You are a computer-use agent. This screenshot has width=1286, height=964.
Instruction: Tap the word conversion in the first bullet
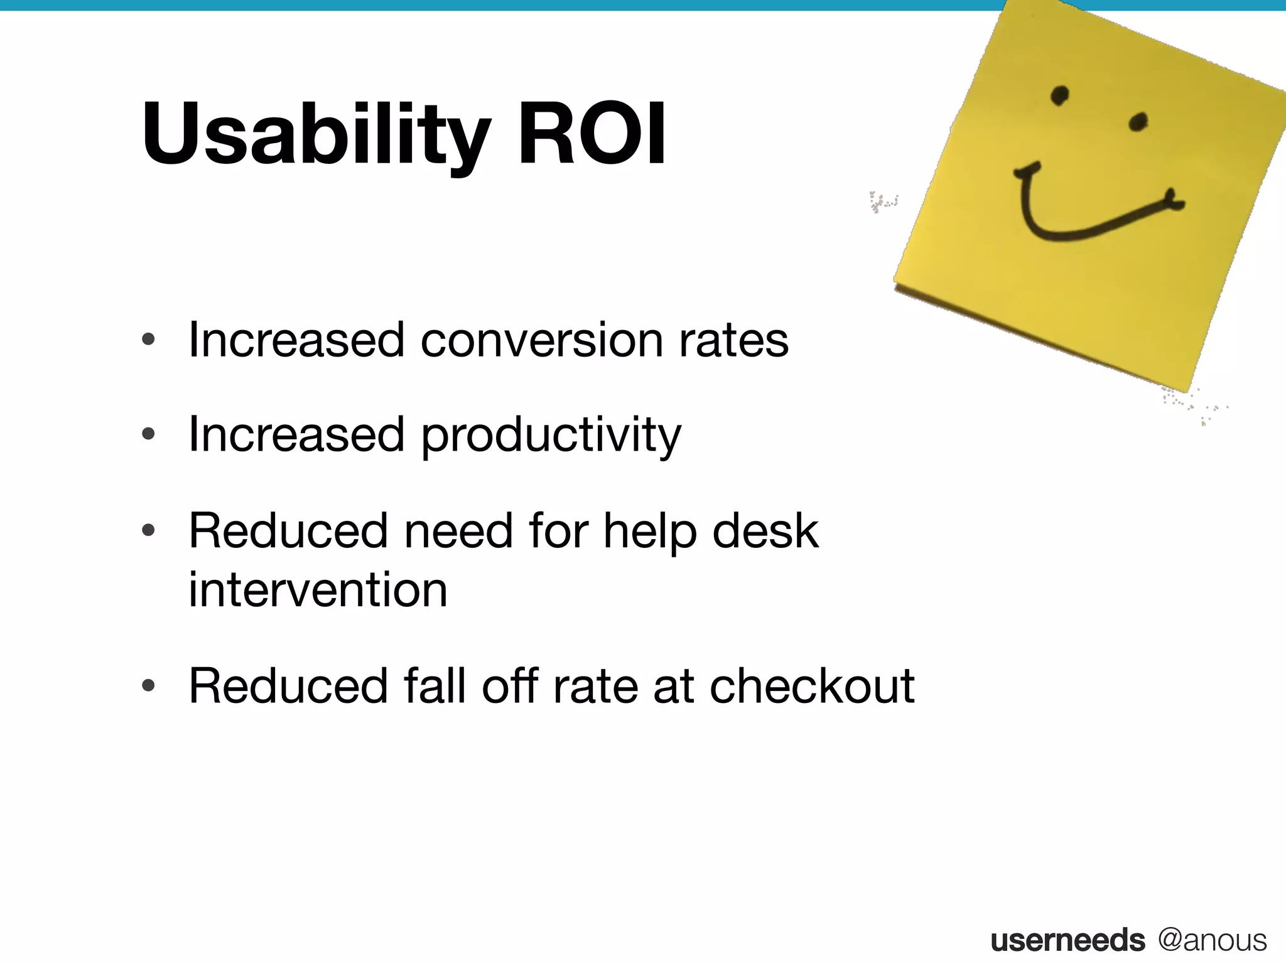541,340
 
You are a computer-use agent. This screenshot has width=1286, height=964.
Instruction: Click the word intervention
318,590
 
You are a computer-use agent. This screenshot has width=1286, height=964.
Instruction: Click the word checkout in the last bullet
812,686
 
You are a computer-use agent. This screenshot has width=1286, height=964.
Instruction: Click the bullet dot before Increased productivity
148,434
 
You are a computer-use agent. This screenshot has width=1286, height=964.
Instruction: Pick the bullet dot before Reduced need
148,531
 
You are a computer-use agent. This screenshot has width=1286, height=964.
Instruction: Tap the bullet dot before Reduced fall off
148,685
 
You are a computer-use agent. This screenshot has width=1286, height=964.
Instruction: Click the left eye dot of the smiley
1060,95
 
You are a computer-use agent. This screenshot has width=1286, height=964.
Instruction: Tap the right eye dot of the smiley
1138,121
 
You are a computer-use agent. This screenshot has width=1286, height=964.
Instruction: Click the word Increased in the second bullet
296,434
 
